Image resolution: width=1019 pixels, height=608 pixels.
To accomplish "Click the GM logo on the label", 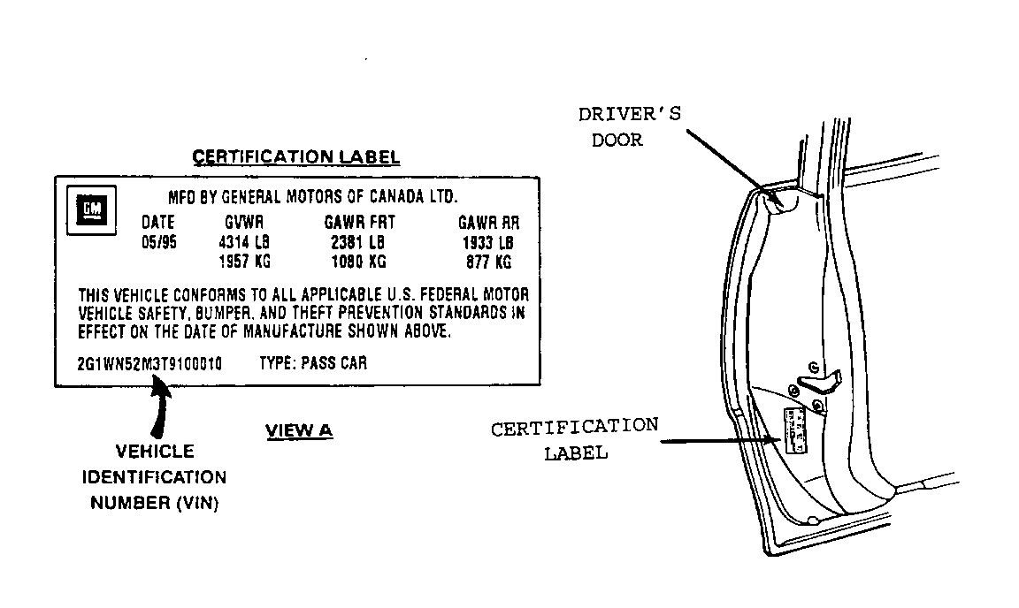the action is click(92, 209).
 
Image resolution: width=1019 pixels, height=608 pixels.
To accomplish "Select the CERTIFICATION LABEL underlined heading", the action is click(296, 157).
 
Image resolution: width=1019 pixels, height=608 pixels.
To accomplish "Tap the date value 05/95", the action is click(159, 242).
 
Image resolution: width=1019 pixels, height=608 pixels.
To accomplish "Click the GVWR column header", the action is click(244, 222).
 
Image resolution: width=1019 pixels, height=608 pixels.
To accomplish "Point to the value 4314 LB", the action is click(244, 242).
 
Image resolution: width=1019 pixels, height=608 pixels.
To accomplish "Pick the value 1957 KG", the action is click(244, 261).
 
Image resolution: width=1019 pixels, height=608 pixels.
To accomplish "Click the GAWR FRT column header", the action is click(359, 222).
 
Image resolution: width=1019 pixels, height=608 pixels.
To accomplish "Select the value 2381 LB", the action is click(358, 242).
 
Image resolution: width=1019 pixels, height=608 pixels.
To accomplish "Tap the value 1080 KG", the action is click(359, 261).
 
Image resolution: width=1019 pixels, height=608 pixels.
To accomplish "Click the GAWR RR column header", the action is click(488, 223).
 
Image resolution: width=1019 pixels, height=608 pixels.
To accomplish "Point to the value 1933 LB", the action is click(488, 243).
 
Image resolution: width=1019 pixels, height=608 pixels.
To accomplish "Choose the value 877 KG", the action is click(488, 262).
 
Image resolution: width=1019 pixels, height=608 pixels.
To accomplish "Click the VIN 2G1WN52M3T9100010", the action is click(149, 364).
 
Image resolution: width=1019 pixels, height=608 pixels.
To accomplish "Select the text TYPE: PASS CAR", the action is click(313, 363).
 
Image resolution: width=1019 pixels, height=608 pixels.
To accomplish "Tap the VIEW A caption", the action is click(299, 430).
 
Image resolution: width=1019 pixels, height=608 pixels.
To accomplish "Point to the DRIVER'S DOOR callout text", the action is click(630, 126).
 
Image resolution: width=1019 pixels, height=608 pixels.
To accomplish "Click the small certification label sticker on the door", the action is click(795, 430).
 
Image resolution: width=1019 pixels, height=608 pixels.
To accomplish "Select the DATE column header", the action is click(158, 222).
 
